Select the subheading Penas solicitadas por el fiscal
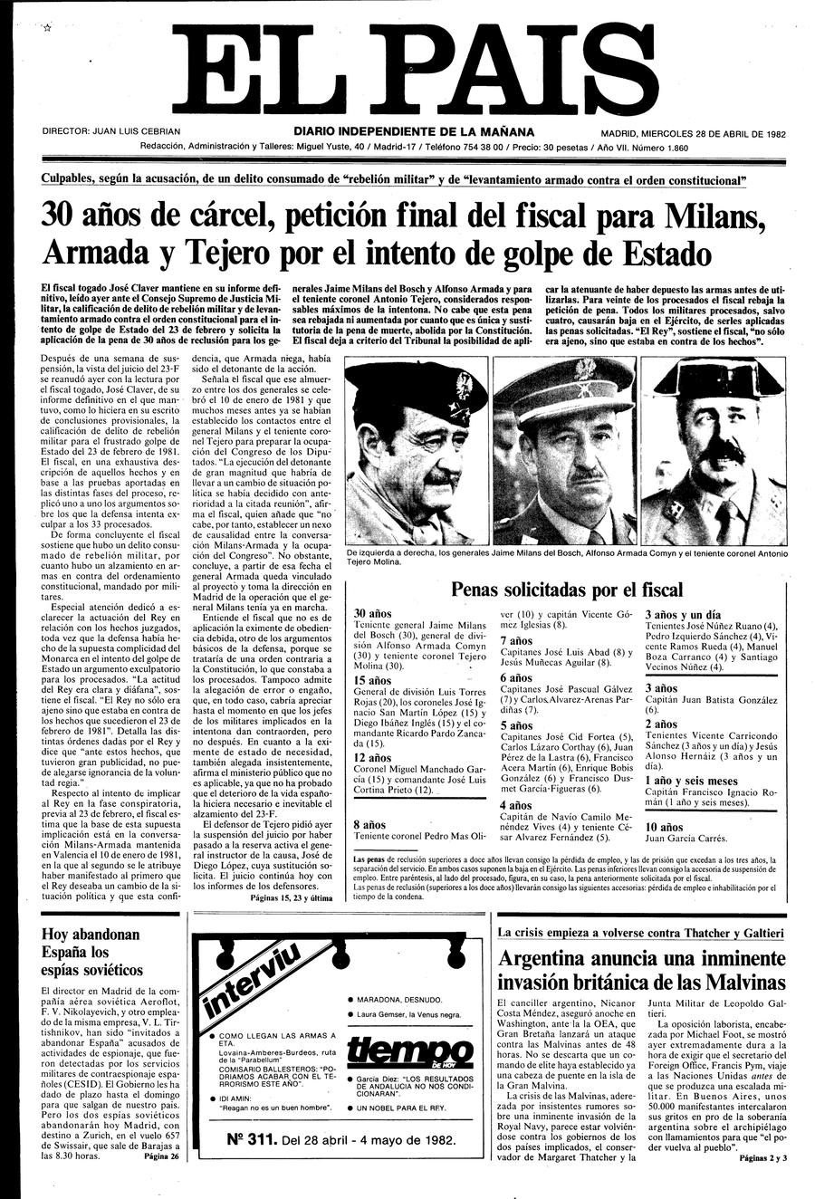[x=567, y=590]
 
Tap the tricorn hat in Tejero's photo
[x=716, y=381]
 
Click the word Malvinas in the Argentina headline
[x=740, y=982]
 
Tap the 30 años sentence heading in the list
[x=372, y=614]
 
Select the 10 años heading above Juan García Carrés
[x=665, y=827]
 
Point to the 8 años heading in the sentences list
[x=369, y=825]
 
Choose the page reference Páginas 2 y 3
[x=762, y=1157]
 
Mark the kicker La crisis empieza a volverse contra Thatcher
[x=640, y=932]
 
